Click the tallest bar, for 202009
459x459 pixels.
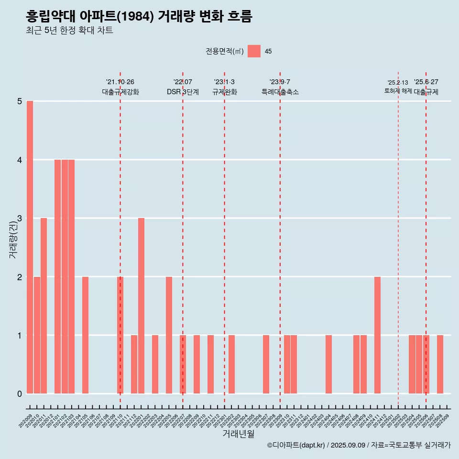[x=30, y=247]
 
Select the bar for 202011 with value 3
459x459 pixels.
[x=44, y=306]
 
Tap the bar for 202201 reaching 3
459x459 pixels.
[x=141, y=306]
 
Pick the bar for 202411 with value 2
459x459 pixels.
[x=377, y=335]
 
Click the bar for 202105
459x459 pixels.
[x=85, y=335]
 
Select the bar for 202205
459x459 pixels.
[x=169, y=335]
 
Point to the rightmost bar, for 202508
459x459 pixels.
[x=440, y=364]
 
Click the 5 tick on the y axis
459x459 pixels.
[x=20, y=101]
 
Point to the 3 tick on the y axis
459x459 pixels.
[x=20, y=219]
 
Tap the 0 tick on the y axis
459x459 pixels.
[x=20, y=394]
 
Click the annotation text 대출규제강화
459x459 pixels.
[x=120, y=92]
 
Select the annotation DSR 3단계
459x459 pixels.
[x=183, y=92]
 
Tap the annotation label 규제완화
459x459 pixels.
[x=225, y=92]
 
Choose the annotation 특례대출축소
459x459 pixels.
[x=280, y=92]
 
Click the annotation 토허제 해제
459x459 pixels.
[x=398, y=91]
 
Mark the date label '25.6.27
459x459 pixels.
[x=426, y=82]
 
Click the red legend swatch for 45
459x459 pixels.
[x=254, y=51]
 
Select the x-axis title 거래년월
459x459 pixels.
[x=238, y=434]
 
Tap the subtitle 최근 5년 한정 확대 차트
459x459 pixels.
[x=69, y=31]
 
